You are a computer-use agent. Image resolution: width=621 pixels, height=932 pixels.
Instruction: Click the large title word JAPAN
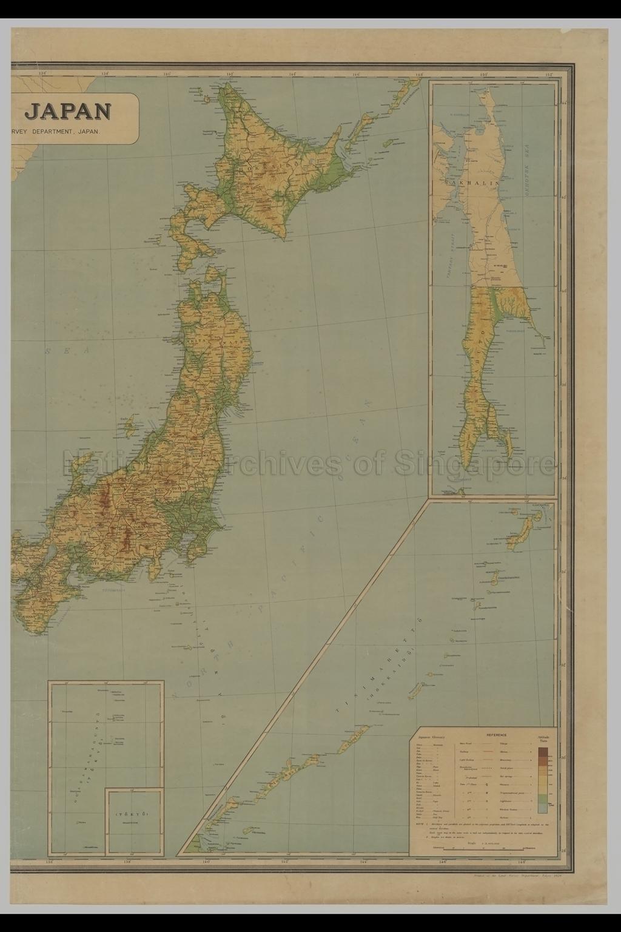click(x=68, y=111)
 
